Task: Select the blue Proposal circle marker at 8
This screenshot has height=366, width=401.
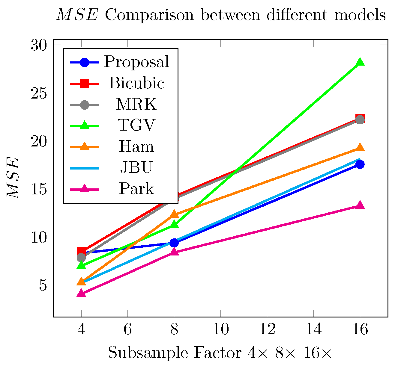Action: tap(174, 243)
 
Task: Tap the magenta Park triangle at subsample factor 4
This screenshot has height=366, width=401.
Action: tap(81, 293)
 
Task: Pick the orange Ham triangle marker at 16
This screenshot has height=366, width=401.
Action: tap(360, 148)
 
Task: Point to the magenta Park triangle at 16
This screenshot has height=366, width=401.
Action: tap(360, 205)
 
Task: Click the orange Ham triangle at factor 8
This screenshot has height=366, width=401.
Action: tap(174, 214)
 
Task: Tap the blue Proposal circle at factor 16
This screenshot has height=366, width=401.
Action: tap(360, 164)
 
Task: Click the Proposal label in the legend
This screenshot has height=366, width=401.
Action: tap(136, 62)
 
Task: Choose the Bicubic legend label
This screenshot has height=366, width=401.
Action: tap(136, 83)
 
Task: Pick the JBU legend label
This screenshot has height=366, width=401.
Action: tap(136, 167)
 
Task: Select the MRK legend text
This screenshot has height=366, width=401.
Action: tap(136, 104)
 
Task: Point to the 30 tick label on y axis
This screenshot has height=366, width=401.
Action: tap(40, 45)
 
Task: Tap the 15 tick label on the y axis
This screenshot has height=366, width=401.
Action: tap(40, 189)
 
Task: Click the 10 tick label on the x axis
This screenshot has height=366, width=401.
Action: tap(220, 329)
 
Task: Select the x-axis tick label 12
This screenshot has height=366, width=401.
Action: tap(267, 329)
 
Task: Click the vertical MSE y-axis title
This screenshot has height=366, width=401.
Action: tap(13, 179)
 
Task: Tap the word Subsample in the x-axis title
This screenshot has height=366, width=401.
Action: tap(148, 353)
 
